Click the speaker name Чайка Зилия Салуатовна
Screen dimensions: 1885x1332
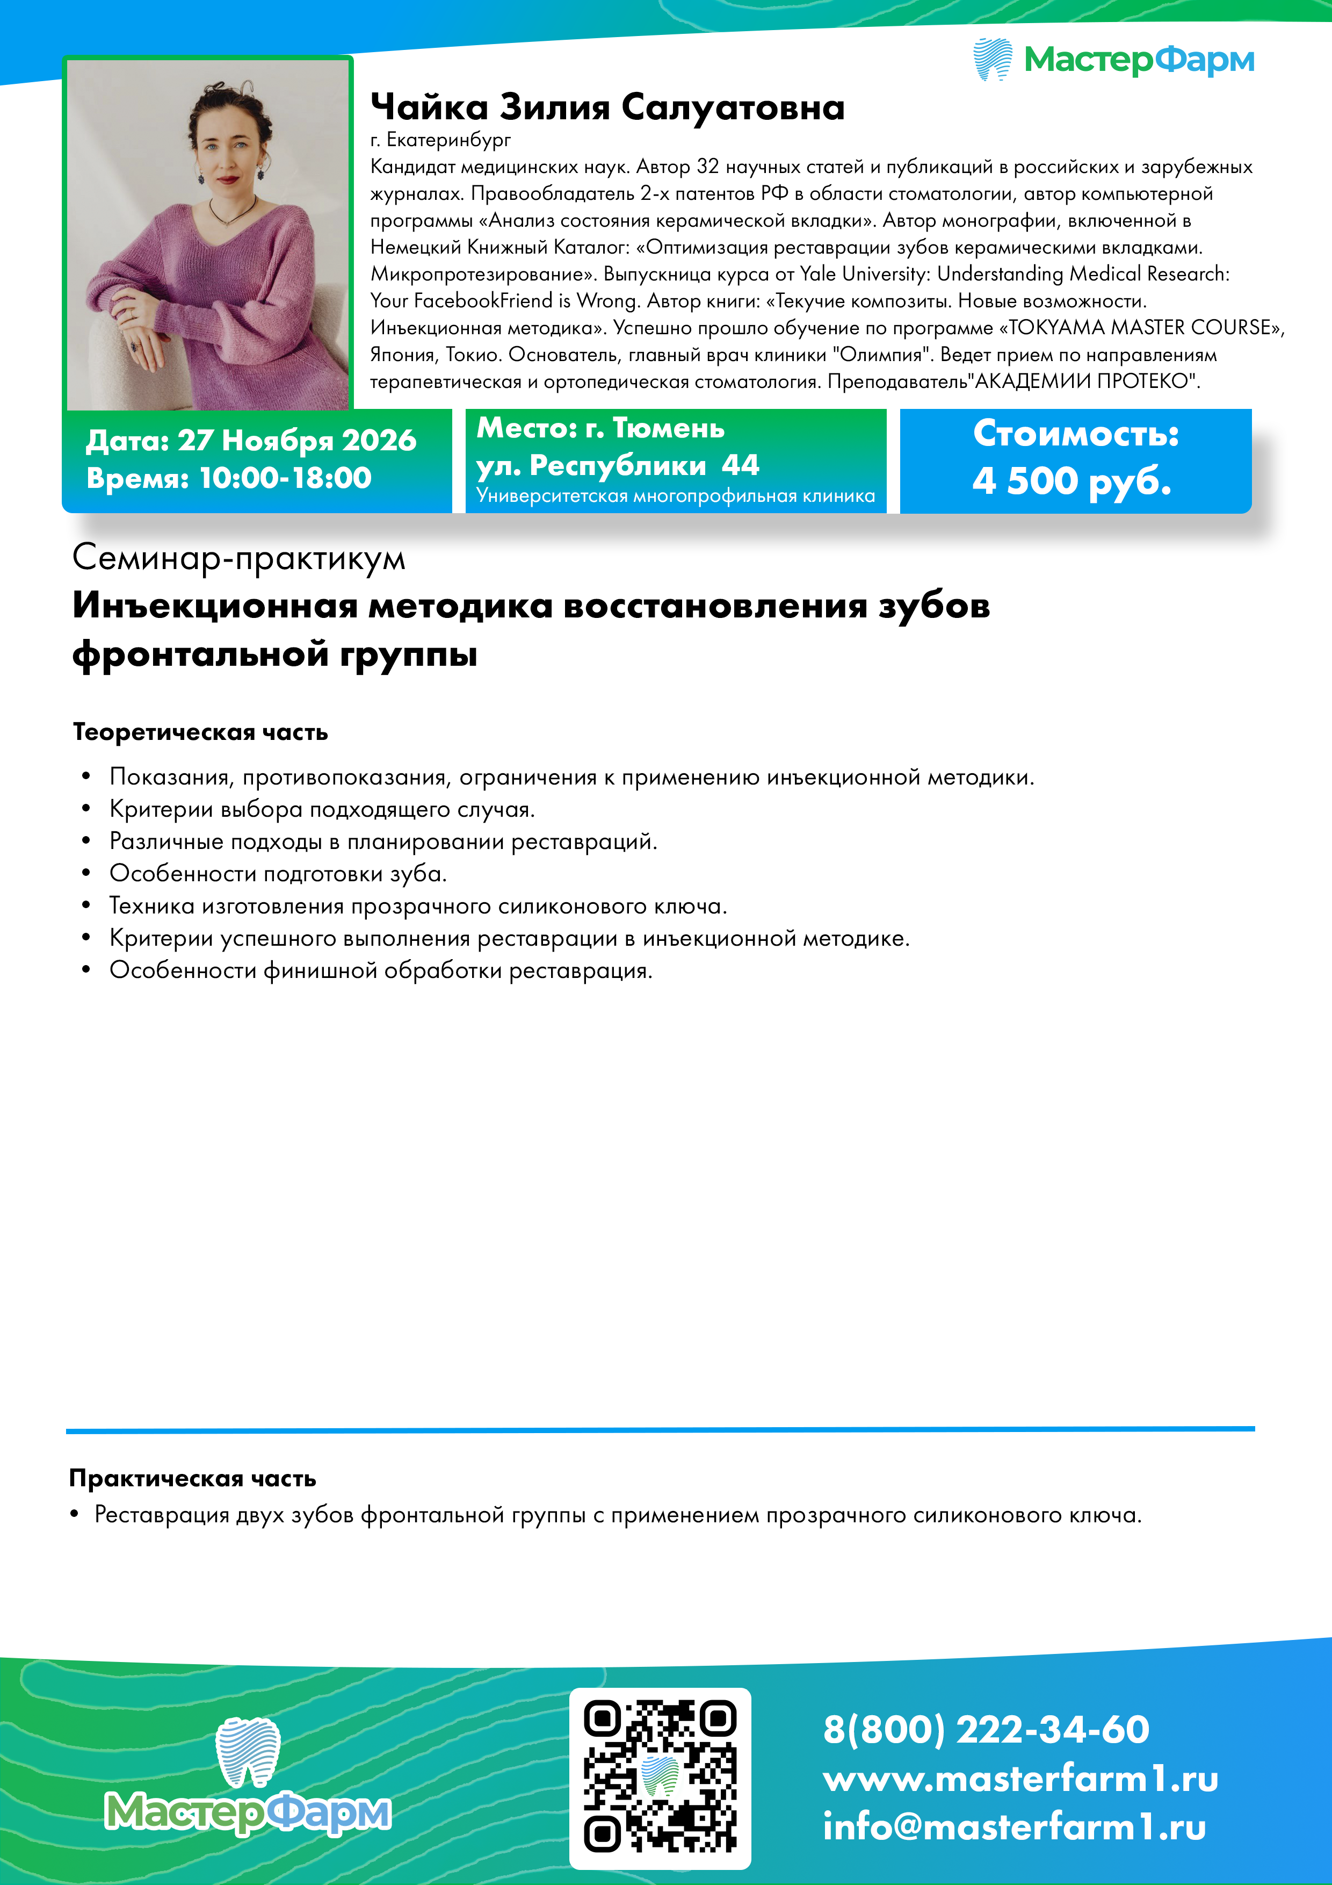pyautogui.click(x=607, y=107)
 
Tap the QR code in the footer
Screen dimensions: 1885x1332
pyautogui.click(x=660, y=1778)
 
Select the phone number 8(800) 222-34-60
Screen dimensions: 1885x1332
pyautogui.click(x=986, y=1729)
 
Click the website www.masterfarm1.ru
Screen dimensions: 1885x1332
pyautogui.click(x=1020, y=1778)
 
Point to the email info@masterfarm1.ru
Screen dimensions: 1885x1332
pyautogui.click(x=1015, y=1828)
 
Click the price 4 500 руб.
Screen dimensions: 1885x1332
pyautogui.click(x=1072, y=480)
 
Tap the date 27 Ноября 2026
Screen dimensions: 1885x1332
pyautogui.click(x=297, y=441)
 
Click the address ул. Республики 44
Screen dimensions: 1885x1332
pyautogui.click(x=617, y=465)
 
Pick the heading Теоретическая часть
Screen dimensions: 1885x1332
pyautogui.click(x=200, y=731)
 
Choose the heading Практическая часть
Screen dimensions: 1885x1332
pyautogui.click(x=193, y=1479)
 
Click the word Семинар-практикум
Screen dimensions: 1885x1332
pyautogui.click(x=239, y=558)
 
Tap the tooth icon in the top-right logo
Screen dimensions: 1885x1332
pyautogui.click(x=992, y=59)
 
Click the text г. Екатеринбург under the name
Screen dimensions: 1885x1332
pyautogui.click(x=441, y=140)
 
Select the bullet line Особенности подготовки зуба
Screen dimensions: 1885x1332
pyautogui.click(x=278, y=874)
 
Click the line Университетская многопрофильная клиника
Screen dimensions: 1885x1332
pyautogui.click(x=676, y=496)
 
